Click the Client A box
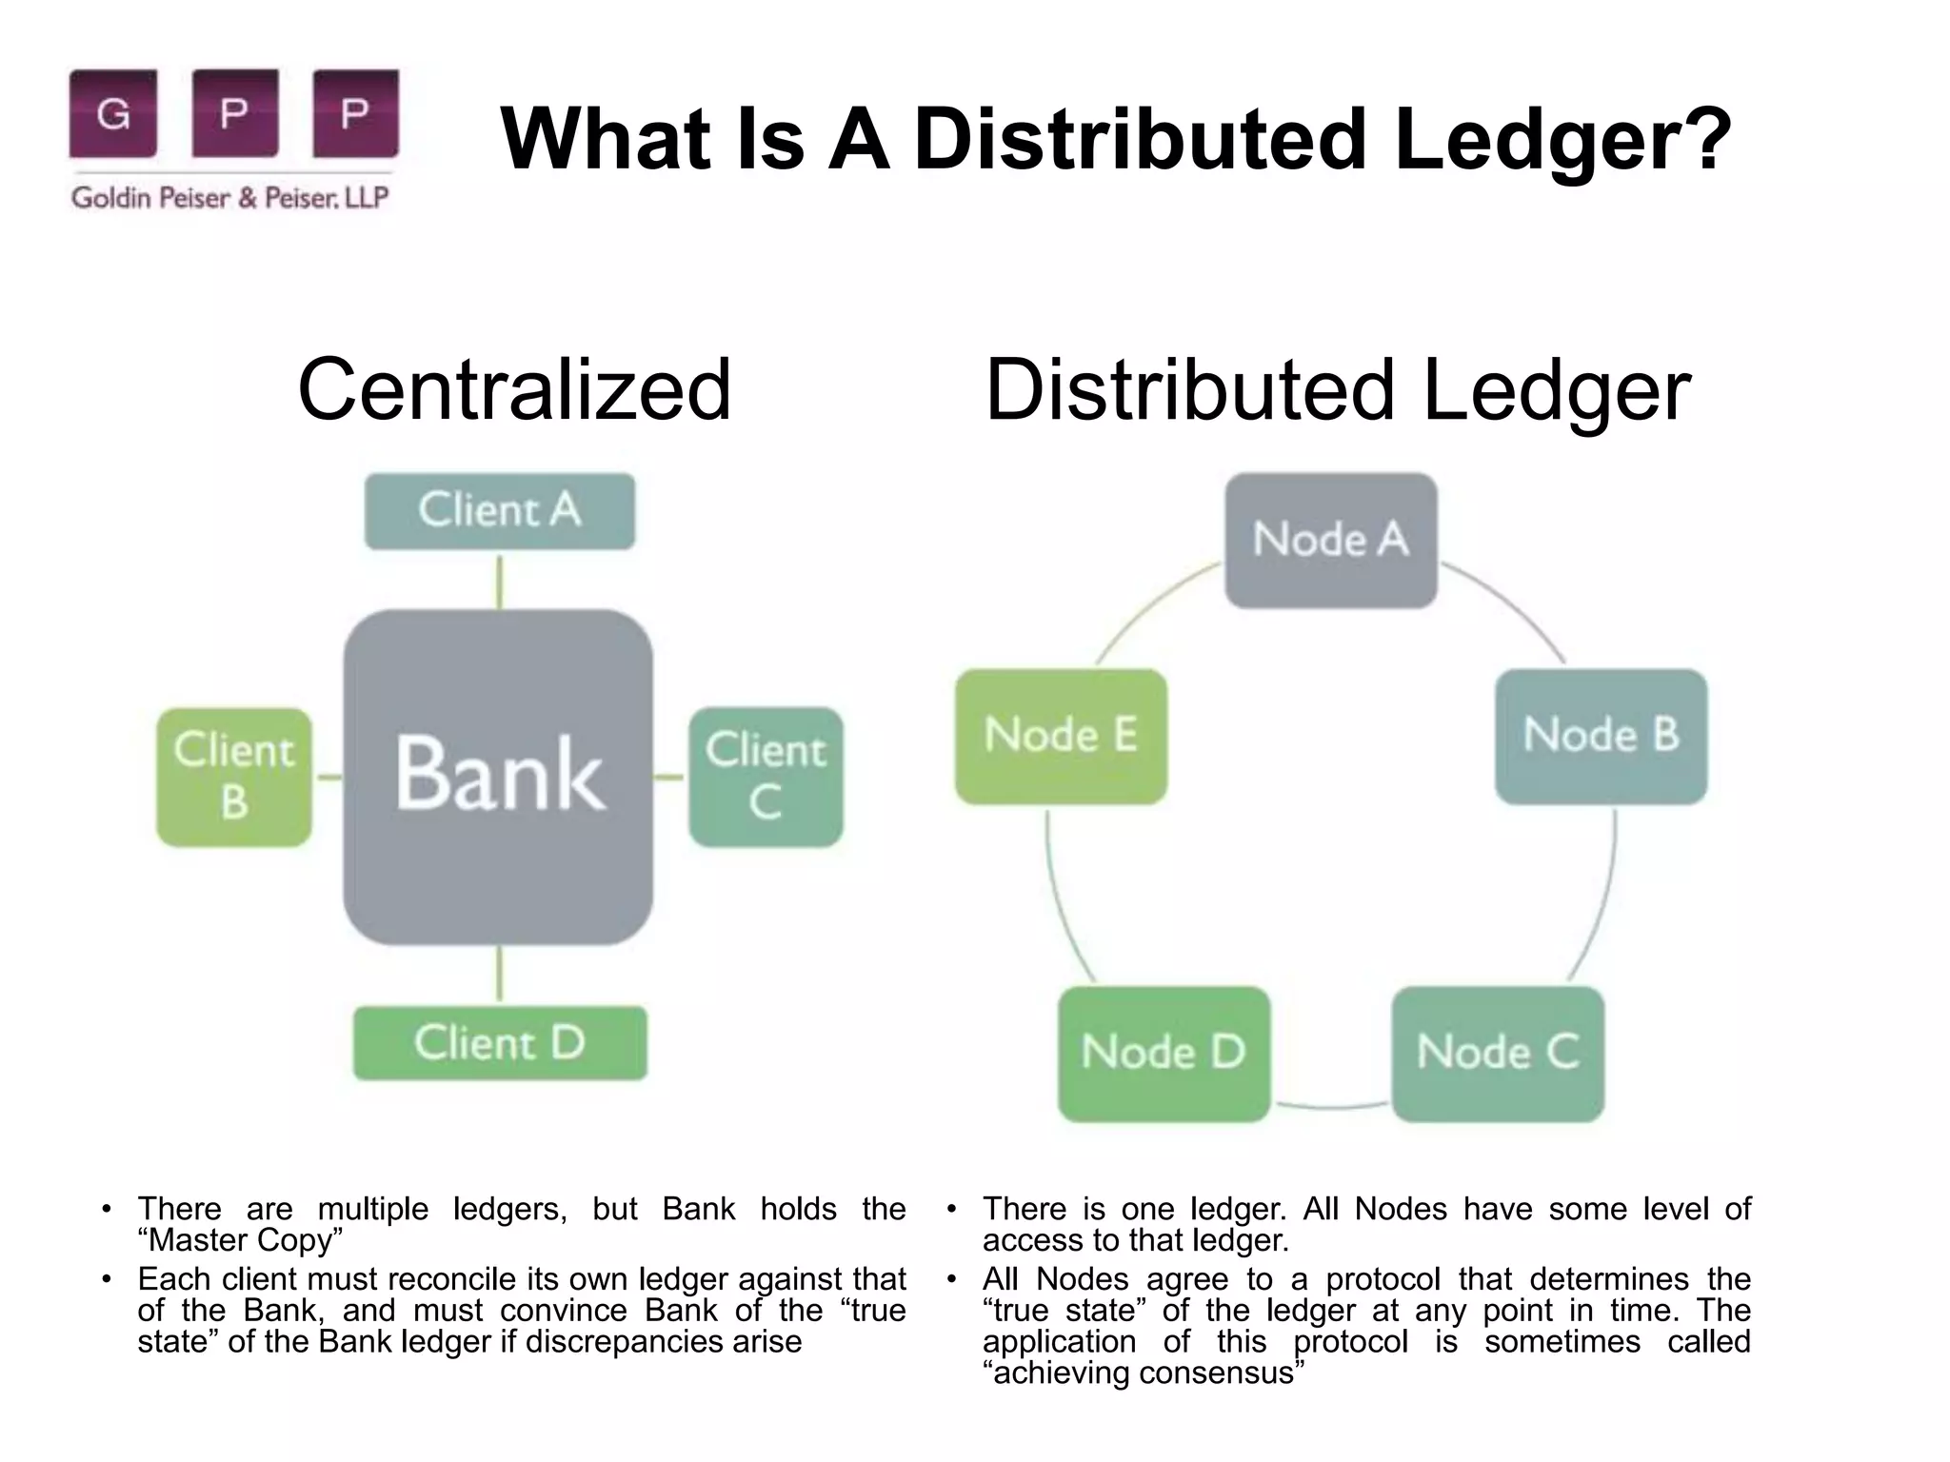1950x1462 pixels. [500, 511]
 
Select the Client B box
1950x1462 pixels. [234, 777]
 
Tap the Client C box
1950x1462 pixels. [766, 777]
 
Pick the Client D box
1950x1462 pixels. [500, 1043]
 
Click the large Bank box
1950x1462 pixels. [498, 777]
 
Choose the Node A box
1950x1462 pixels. [1330, 540]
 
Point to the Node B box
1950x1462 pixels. [1601, 736]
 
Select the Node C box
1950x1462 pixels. [1498, 1053]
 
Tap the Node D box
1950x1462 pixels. [1164, 1053]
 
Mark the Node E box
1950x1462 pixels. [1061, 736]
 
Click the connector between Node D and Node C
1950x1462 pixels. [1331, 1107]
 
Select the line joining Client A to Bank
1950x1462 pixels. [500, 581]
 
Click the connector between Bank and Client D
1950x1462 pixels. [500, 976]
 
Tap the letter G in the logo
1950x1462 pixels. [113, 114]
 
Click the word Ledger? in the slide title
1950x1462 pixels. [1562, 140]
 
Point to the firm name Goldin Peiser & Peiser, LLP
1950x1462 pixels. [230, 198]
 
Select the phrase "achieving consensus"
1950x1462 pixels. [1144, 1373]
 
